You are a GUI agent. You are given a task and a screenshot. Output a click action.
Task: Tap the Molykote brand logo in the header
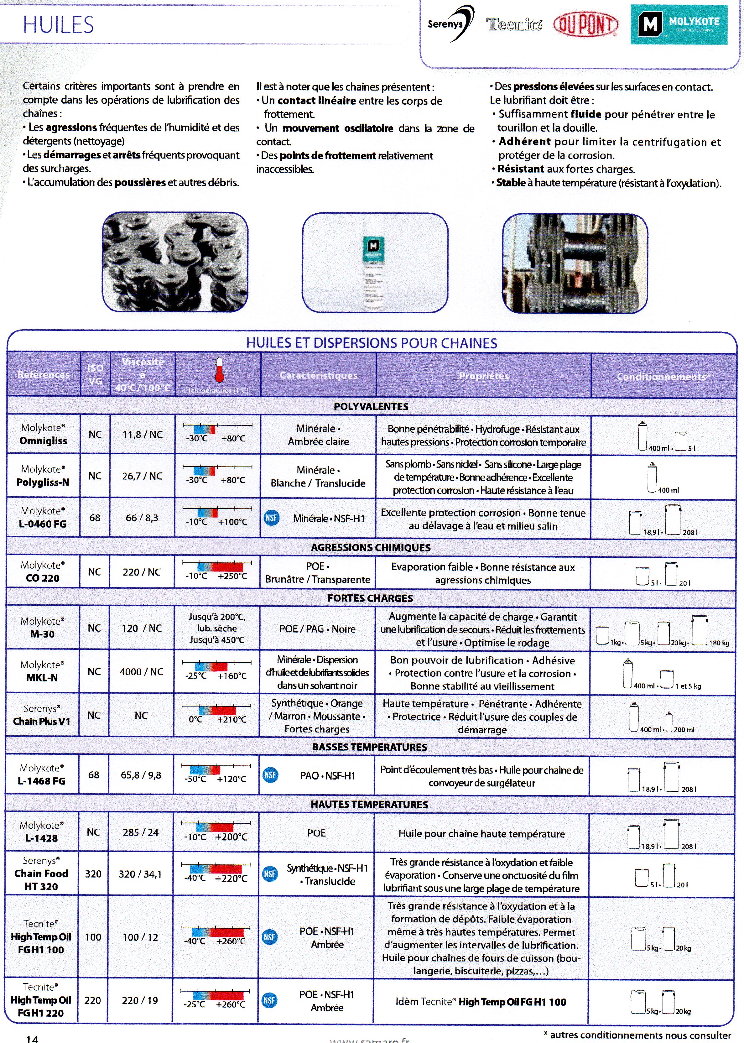679,25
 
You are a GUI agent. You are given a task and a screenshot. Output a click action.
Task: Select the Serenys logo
450,24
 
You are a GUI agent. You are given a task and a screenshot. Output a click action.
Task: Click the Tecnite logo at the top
514,24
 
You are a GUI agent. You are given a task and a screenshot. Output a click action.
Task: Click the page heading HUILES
58,25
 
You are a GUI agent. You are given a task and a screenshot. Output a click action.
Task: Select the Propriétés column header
483,376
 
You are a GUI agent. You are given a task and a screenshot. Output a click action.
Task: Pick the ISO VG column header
95,374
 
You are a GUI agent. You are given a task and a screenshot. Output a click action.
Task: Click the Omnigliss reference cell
43,434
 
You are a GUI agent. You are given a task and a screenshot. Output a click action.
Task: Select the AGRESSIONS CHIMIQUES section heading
371,547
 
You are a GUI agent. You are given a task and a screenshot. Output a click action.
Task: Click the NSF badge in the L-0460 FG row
271,518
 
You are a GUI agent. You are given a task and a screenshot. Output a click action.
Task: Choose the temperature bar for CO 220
217,566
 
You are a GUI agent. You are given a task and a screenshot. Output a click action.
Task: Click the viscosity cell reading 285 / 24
140,832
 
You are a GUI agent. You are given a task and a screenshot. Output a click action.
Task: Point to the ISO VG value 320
93,874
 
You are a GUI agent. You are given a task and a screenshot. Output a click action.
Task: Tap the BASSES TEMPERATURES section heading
369,747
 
